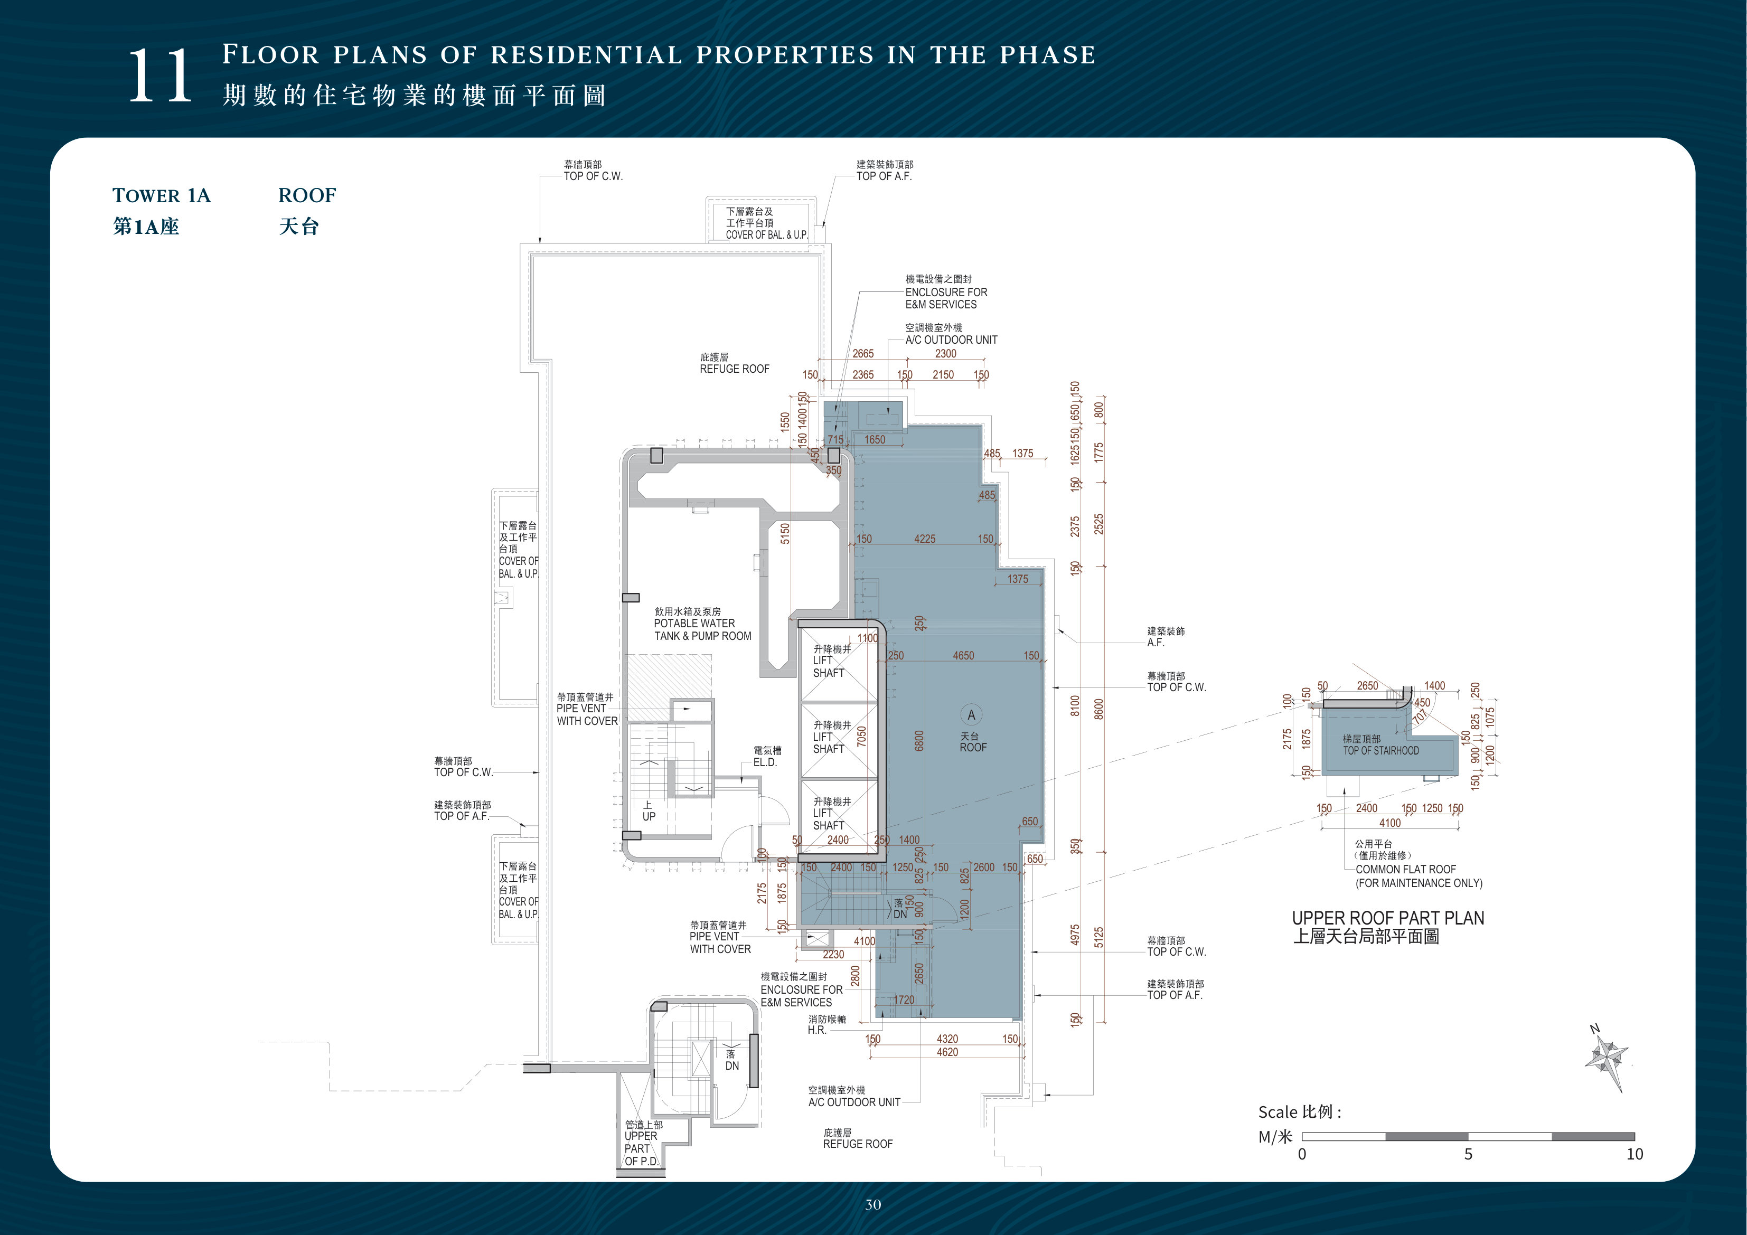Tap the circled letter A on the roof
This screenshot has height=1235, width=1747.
pyautogui.click(x=971, y=714)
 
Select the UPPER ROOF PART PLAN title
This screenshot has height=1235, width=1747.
pyautogui.click(x=1388, y=918)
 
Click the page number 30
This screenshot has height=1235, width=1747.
pyautogui.click(x=873, y=1204)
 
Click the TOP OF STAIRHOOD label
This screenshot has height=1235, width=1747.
pyautogui.click(x=1380, y=750)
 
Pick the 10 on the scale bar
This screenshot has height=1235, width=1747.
pyautogui.click(x=1635, y=1154)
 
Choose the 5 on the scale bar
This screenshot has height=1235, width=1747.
pyautogui.click(x=1468, y=1154)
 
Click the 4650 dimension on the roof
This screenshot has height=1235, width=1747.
pyautogui.click(x=963, y=655)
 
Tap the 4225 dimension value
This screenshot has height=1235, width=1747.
pyautogui.click(x=925, y=539)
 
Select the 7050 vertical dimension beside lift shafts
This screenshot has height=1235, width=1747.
pyautogui.click(x=861, y=737)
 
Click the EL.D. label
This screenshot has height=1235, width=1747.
pyautogui.click(x=765, y=762)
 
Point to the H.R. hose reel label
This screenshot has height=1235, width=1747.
pyautogui.click(x=816, y=1030)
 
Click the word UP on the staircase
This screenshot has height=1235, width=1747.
pyautogui.click(x=649, y=816)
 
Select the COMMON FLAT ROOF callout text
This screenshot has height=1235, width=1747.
pyautogui.click(x=1405, y=869)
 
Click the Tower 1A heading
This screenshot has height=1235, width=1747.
pyautogui.click(x=161, y=195)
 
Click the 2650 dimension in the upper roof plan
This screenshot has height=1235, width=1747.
pyautogui.click(x=1367, y=685)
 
